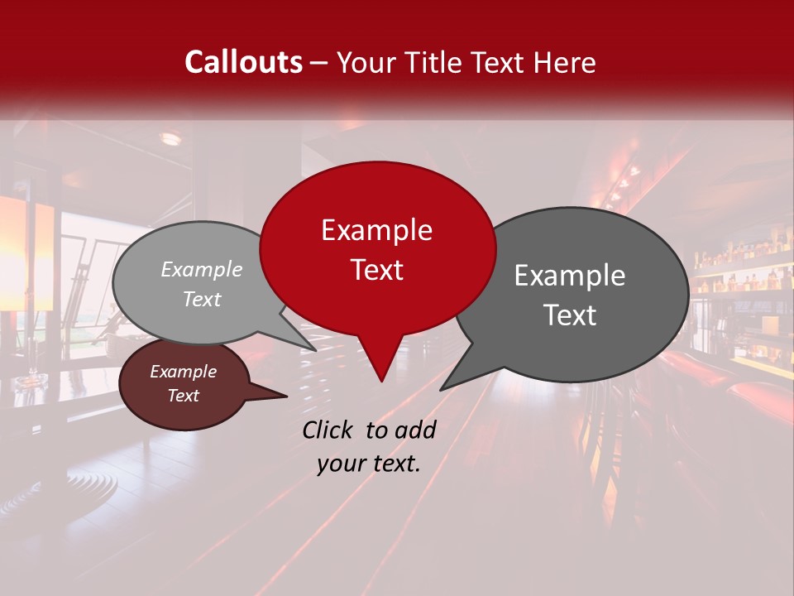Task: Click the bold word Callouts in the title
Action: (x=243, y=62)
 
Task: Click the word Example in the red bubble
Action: (x=376, y=230)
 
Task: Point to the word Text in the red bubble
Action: (x=376, y=270)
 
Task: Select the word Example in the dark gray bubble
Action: (x=570, y=276)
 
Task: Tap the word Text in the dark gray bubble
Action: (x=570, y=315)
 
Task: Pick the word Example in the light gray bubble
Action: (x=202, y=269)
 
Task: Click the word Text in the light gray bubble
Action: (x=202, y=299)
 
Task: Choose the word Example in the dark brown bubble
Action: (x=183, y=372)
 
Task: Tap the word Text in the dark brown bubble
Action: (x=183, y=396)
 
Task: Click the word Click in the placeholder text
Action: (x=328, y=430)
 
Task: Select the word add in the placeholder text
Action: (x=416, y=430)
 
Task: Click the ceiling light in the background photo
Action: (x=170, y=138)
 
